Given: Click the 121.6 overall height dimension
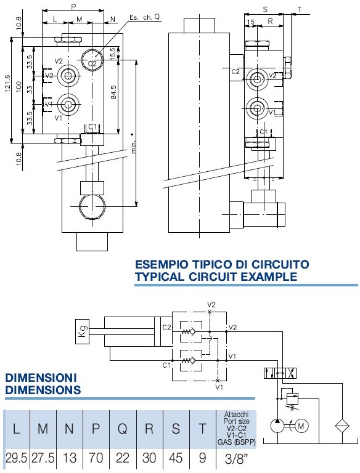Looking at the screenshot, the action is (x=7, y=83).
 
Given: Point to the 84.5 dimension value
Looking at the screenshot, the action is (x=113, y=92).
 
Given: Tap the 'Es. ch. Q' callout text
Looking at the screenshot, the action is (x=144, y=17).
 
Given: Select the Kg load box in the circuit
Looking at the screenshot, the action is (x=82, y=331).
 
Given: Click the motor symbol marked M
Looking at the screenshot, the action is (x=301, y=426).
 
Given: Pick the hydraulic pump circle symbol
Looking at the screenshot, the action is (x=277, y=426).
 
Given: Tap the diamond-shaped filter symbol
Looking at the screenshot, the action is (x=342, y=426).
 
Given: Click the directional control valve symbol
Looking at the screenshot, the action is (x=280, y=373).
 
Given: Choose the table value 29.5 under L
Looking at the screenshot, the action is (x=17, y=458).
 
